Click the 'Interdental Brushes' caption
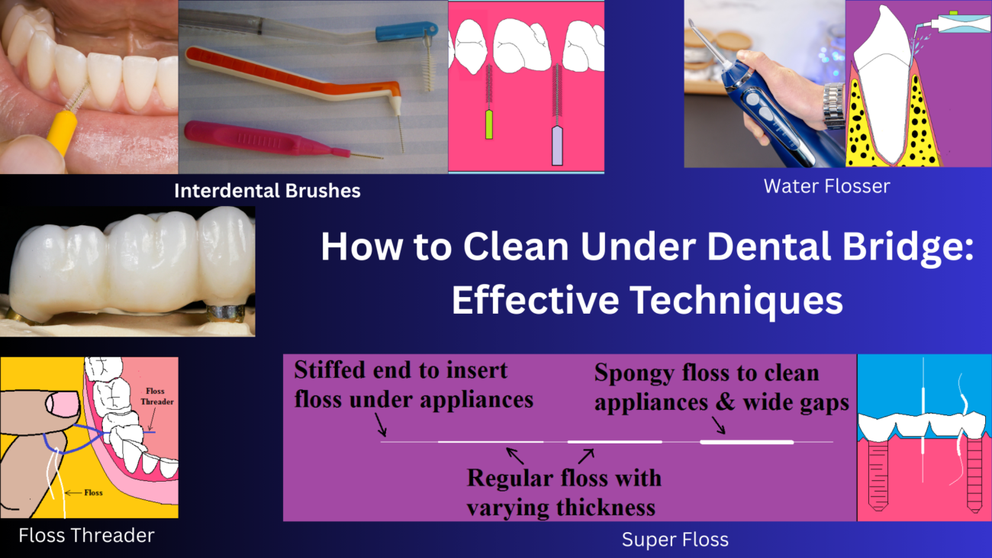[267, 191]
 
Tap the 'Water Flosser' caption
[827, 186]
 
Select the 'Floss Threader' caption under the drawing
[86, 535]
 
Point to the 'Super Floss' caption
[675, 540]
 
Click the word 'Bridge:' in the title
[908, 247]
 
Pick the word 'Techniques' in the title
[736, 300]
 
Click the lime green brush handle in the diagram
[489, 124]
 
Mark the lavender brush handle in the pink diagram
[557, 146]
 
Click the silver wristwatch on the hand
[834, 105]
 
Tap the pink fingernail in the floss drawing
[63, 405]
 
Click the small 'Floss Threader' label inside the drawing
[156, 396]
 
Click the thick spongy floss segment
[746, 442]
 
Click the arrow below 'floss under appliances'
[381, 424]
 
